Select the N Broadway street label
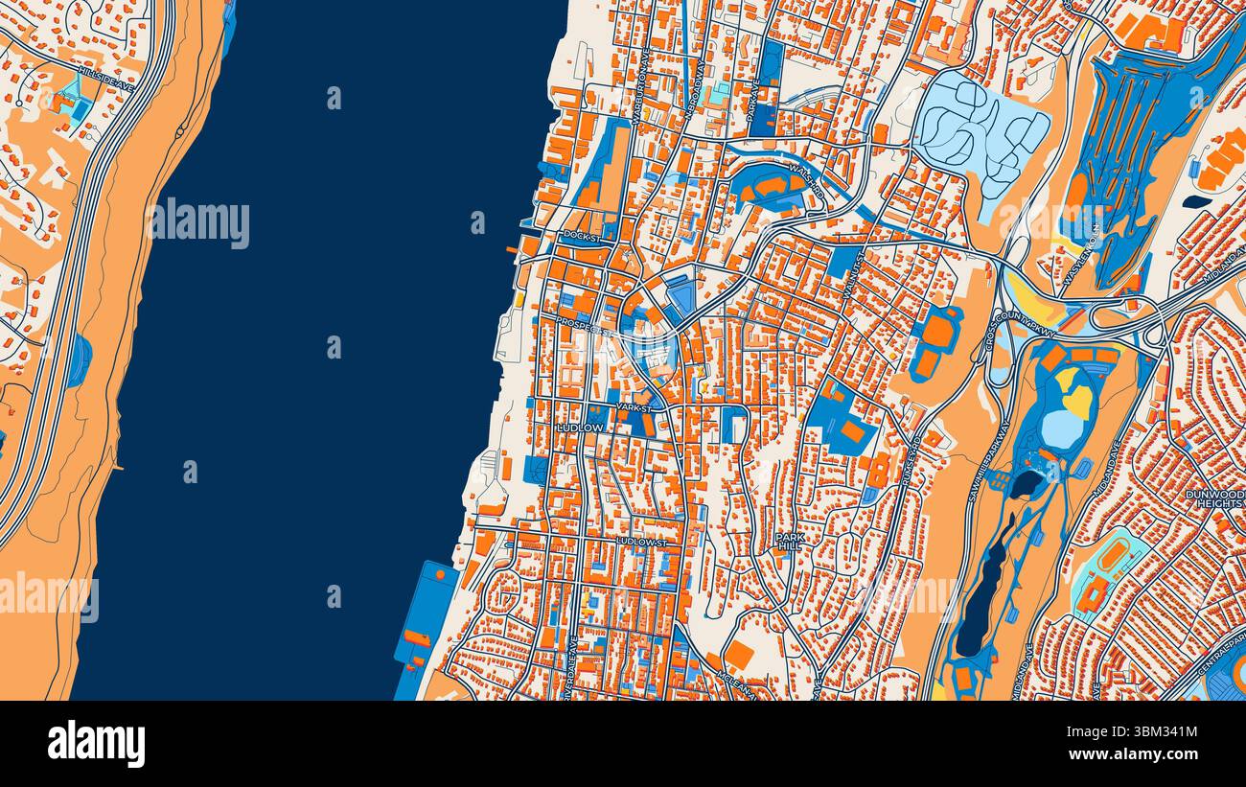[695, 88]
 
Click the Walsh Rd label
[806, 180]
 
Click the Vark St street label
[634, 407]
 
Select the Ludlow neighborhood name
[582, 427]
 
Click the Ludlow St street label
[641, 542]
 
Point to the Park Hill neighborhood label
[791, 542]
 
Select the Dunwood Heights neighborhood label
[1214, 499]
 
